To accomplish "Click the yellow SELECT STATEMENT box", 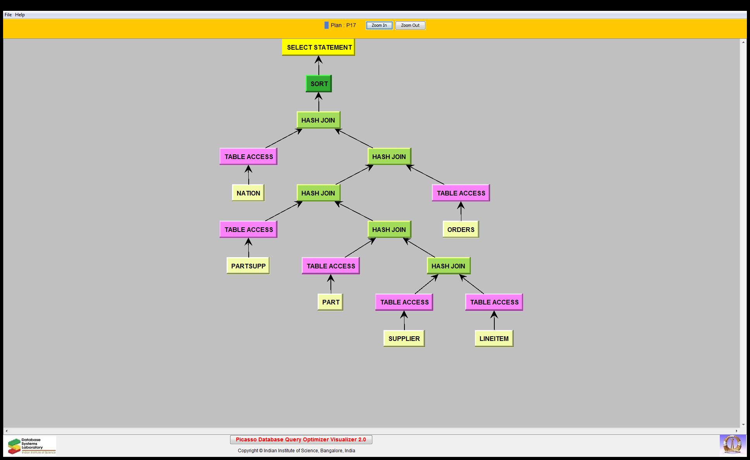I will click(318, 47).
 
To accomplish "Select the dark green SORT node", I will click(319, 84).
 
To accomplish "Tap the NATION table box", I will click(248, 193).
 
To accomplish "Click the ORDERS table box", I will click(461, 230).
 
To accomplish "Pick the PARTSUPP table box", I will click(248, 266).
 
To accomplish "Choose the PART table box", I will click(330, 302).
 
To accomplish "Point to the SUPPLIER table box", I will click(404, 339).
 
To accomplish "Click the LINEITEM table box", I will click(494, 339).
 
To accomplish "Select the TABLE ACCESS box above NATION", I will click(248, 157).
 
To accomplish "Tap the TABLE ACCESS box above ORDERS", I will click(461, 193).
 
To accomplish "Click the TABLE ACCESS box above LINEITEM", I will click(494, 302).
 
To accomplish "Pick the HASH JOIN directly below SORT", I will click(318, 120).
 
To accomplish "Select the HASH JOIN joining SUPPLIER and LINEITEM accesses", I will click(449, 266).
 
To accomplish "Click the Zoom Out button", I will click(410, 26).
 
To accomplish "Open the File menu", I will click(8, 15).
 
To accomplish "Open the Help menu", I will click(20, 15).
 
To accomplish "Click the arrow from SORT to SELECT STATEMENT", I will click(319, 66).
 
